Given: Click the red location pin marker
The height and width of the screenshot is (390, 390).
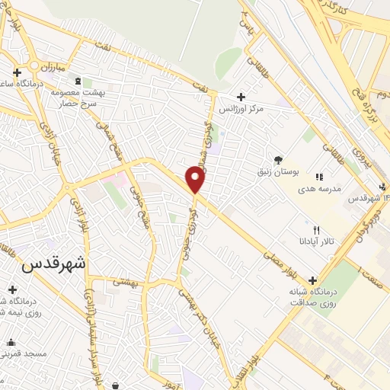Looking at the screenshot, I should coord(196,180).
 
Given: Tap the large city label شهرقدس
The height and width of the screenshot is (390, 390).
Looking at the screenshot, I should coord(54,264).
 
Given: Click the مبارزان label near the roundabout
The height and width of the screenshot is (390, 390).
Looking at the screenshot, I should coord(52,68).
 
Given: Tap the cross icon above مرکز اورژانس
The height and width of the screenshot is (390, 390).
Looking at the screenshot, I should coord(241,97).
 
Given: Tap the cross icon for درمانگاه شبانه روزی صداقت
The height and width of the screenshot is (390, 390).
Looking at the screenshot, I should coord(312,280).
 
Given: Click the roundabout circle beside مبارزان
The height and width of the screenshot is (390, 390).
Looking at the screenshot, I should coord(36,63).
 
